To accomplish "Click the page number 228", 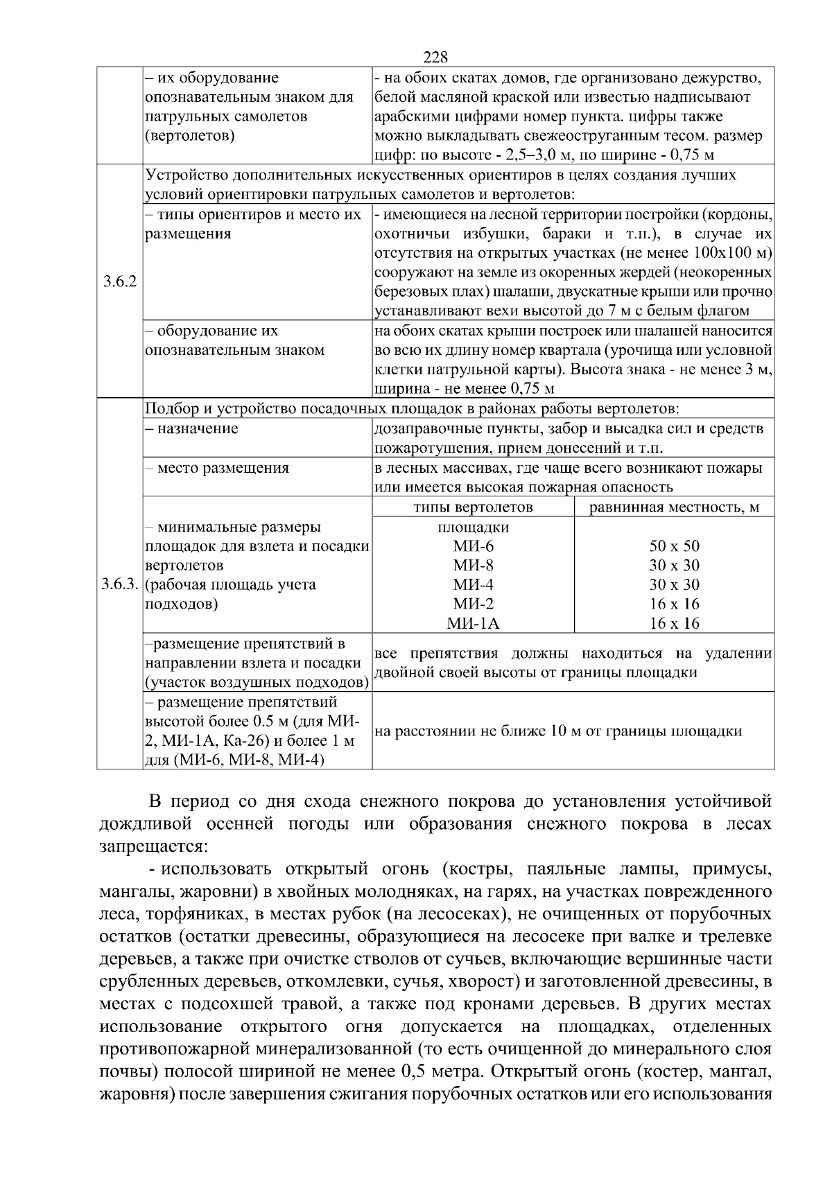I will pos(435,57).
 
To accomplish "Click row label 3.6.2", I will pos(120,282).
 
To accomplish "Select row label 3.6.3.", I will pos(120,584).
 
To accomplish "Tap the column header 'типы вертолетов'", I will pos(473,507).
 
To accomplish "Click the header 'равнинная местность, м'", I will pos(674,507).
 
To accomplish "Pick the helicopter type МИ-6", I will pos(473,546).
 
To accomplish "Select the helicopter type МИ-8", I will pos(473,566).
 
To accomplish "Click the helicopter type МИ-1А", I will pos(473,623).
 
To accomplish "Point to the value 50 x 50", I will pos(674,546).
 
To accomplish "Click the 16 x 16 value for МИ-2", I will pos(674,604).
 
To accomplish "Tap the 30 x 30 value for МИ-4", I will pos(674,584).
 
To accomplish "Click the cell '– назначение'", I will pos(191,429).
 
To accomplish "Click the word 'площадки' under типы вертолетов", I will pos(473,527).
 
